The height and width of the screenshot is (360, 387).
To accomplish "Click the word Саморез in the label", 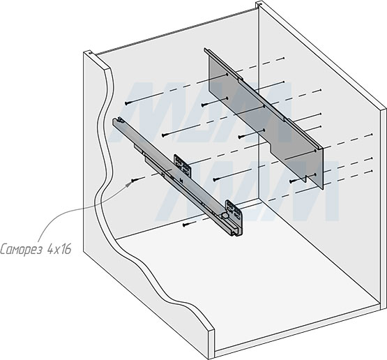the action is (x=21, y=249).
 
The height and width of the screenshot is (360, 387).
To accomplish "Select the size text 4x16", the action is (x=59, y=249).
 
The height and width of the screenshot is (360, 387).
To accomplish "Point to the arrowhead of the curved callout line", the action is (x=128, y=183).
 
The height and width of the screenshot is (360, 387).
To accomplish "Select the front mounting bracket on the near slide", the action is (x=234, y=212).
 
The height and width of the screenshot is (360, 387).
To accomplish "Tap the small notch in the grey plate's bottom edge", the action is (x=305, y=179).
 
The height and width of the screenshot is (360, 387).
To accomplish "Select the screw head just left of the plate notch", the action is (x=291, y=181).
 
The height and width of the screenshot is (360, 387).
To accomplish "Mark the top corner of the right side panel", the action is (x=259, y=3).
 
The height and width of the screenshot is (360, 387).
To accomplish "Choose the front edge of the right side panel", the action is (x=384, y=207).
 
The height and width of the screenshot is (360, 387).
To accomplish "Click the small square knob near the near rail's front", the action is (x=225, y=216).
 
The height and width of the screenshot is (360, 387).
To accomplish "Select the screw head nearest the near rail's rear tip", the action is (x=127, y=103).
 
